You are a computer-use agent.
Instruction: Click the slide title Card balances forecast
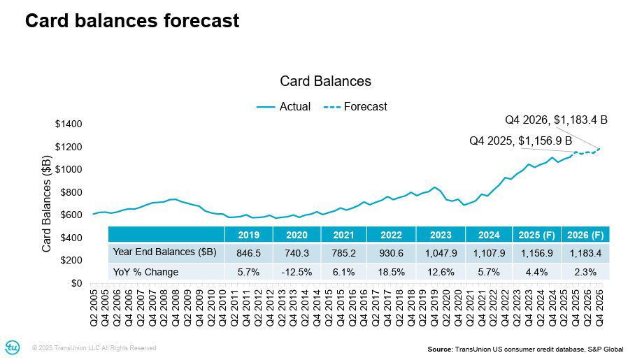(x=131, y=21)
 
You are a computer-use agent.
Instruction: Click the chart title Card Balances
(x=325, y=81)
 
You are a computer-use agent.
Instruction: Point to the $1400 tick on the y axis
(x=69, y=124)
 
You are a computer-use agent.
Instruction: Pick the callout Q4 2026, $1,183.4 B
(x=556, y=120)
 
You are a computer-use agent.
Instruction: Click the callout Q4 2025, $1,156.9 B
(x=520, y=141)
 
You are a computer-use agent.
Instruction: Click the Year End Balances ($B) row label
(x=164, y=252)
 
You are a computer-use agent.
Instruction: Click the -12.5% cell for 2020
(x=297, y=271)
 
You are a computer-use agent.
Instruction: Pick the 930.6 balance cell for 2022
(x=392, y=252)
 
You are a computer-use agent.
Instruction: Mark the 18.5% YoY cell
(x=392, y=271)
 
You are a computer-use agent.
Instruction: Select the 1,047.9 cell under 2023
(x=441, y=252)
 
